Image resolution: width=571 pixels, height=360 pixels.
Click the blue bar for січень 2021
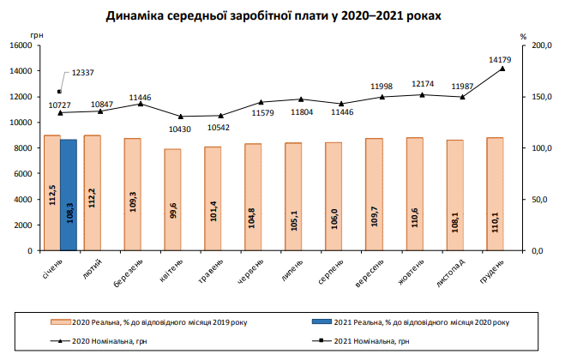[69, 195]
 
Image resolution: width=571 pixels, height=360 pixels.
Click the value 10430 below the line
[180, 128]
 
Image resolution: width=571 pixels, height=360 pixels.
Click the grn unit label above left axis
[35, 36]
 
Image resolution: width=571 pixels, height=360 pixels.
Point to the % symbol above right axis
[523, 36]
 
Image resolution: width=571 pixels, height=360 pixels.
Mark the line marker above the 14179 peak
[502, 69]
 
